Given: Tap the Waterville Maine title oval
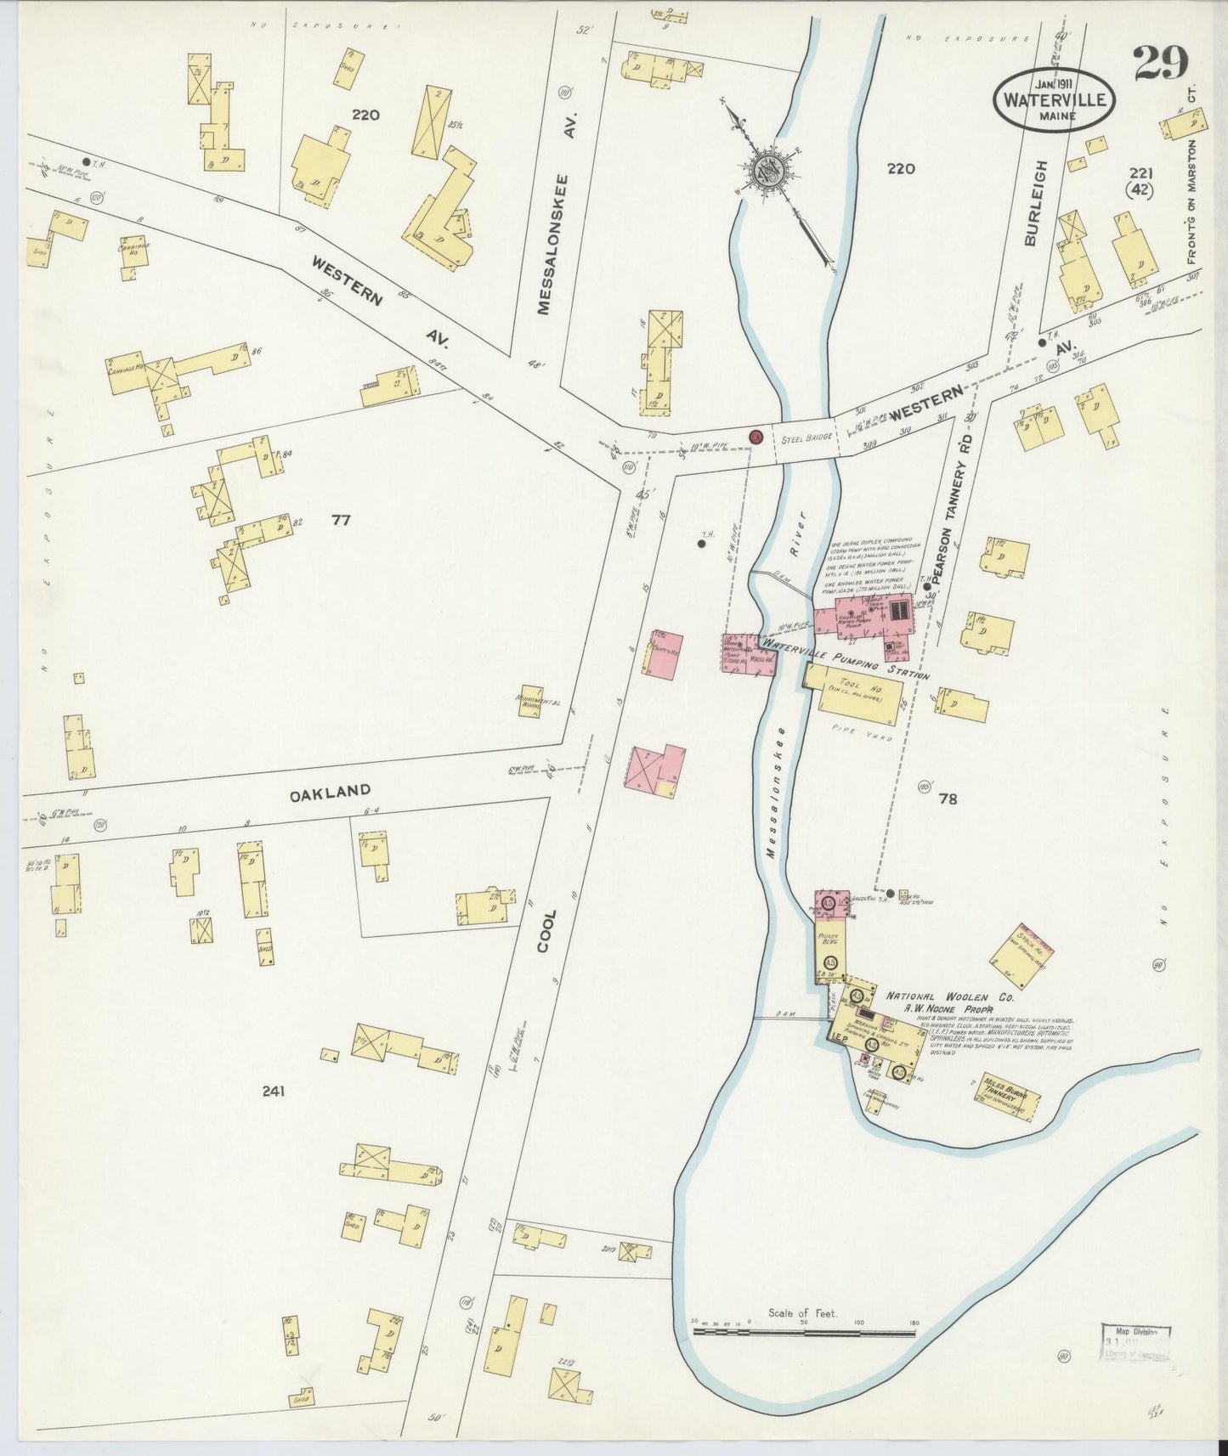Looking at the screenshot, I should pos(1055,99).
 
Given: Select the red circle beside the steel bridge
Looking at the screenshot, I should pos(755,437).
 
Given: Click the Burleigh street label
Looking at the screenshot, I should pos(1032,204).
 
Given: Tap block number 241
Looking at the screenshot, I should pos(273,1091).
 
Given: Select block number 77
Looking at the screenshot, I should pos(341,520).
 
